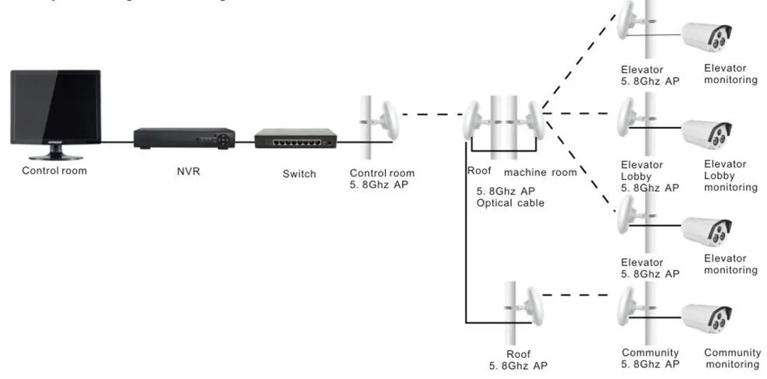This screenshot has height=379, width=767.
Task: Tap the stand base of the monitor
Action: click(x=55, y=156)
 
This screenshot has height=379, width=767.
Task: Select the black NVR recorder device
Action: click(x=184, y=139)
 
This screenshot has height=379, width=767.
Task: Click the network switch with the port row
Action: click(x=296, y=140)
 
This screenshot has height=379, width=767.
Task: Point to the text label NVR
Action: click(x=188, y=171)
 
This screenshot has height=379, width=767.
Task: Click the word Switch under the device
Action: click(x=299, y=174)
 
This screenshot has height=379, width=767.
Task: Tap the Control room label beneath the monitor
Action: click(x=54, y=170)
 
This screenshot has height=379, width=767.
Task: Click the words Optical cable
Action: click(x=510, y=203)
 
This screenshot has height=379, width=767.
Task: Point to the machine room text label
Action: click(x=541, y=172)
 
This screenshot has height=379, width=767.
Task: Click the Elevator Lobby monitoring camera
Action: click(x=707, y=133)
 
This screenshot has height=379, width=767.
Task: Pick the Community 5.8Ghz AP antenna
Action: click(x=629, y=305)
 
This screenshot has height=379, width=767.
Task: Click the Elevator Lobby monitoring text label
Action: click(x=730, y=176)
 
